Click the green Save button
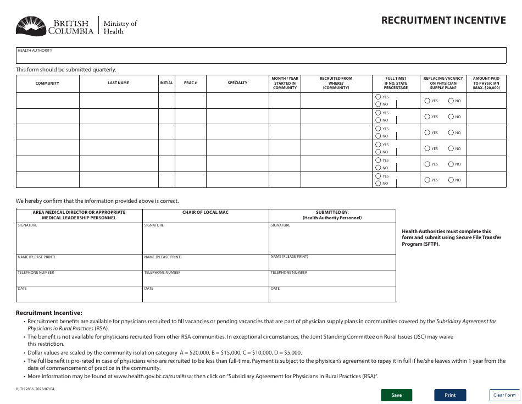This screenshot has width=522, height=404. pyautogui.click(x=396, y=395)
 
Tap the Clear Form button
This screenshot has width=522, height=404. pyautogui.click(x=504, y=395)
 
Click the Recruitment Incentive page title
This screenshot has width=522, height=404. pyautogui.click(x=443, y=20)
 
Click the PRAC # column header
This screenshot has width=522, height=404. pyautogui.click(x=190, y=83)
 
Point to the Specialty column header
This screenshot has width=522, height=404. pyautogui.click(x=237, y=83)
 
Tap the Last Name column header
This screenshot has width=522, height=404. pyautogui.click(x=118, y=83)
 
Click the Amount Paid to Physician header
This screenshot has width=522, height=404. pyautogui.click(x=486, y=83)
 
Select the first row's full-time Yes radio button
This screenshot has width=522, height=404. pyautogui.click(x=378, y=97)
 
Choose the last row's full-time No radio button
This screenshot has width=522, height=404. pyautogui.click(x=378, y=183)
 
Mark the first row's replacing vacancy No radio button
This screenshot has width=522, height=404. pyautogui.click(x=451, y=101)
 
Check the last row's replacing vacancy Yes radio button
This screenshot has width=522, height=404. pyautogui.click(x=427, y=180)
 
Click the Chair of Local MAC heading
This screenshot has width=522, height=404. pyautogui.click(x=205, y=212)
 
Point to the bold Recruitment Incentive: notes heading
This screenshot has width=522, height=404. pyautogui.click(x=49, y=313)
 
